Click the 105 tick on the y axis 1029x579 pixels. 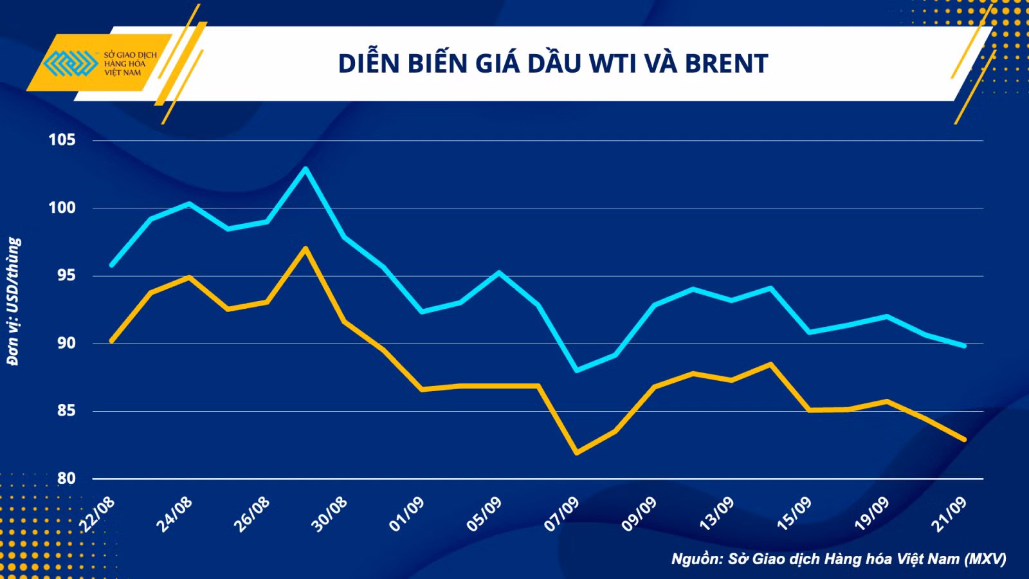62,140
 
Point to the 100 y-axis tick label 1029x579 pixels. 62,208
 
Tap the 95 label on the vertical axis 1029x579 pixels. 66,275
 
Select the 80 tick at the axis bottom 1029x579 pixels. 66,479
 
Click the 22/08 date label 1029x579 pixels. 97,514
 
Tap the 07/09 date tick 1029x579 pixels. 562,514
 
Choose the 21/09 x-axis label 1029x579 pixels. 950,514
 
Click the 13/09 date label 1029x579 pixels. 716,514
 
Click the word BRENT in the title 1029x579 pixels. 727,64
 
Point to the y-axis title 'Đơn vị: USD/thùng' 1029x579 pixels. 14,302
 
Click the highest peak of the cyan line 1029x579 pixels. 305,168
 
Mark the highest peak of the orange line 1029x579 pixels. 305,248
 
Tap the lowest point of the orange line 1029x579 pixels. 577,453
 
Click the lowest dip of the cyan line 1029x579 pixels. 577,371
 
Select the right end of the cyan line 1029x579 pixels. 964,345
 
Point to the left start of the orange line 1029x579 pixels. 112,342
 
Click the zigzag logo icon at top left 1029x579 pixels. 70,63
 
